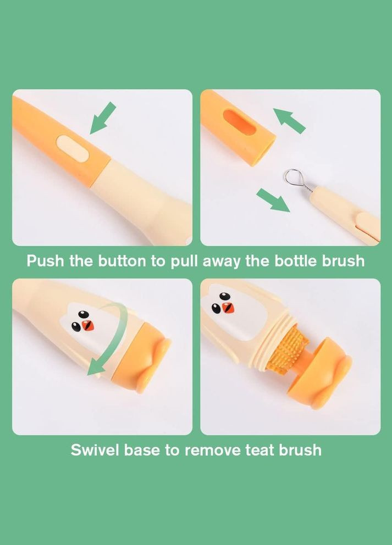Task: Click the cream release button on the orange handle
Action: coord(71,148)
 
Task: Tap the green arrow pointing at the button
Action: coord(103,118)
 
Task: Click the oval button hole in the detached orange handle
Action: coord(240,123)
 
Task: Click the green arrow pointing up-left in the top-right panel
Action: coord(289,121)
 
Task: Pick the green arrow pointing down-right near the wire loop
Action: coord(273,200)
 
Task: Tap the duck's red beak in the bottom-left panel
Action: coord(88,325)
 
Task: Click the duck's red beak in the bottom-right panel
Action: coord(228,308)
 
